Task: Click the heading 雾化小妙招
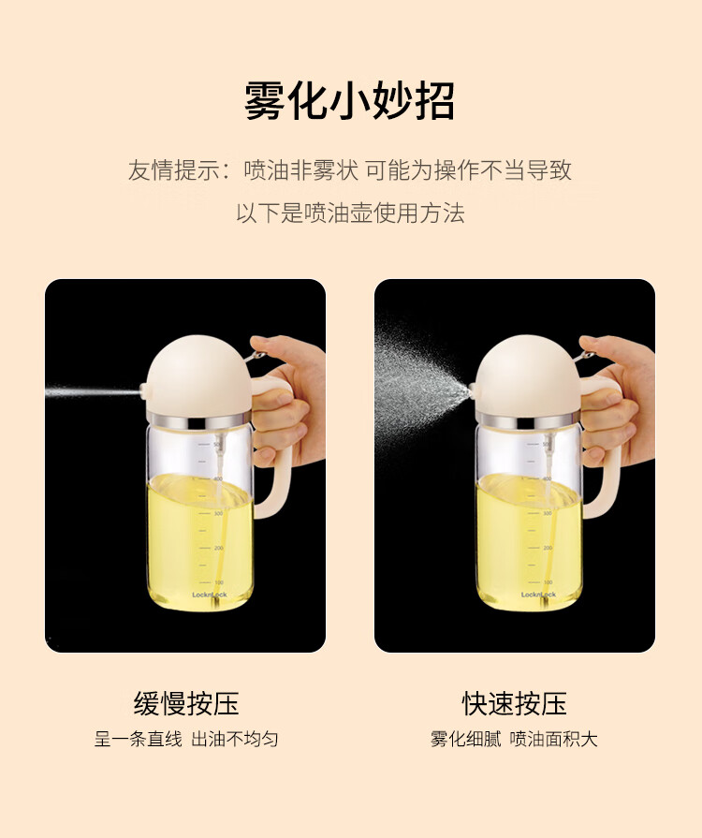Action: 350,100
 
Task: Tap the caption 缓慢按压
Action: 186,703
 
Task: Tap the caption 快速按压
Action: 515,703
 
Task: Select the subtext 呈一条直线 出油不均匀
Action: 186,739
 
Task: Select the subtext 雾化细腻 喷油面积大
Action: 514,739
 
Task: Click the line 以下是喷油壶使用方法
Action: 350,213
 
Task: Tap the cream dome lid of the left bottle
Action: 198,376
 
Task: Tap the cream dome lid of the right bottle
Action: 528,376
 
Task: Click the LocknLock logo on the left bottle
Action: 210,595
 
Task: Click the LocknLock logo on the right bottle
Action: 538,595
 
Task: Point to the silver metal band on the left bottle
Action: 198,420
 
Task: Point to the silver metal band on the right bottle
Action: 528,420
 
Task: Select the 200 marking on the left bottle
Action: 218,548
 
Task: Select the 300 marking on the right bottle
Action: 548,513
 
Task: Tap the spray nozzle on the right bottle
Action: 473,390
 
